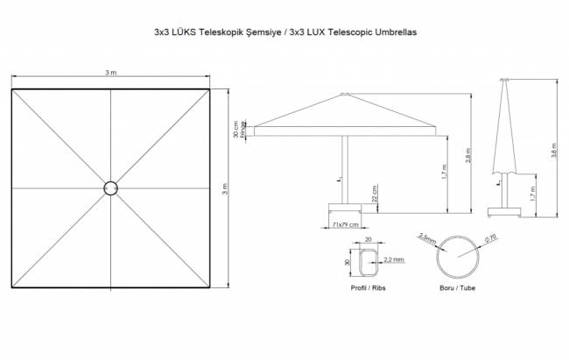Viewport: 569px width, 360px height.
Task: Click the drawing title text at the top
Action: (x=284, y=30)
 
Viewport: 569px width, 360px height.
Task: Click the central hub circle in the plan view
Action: (x=110, y=187)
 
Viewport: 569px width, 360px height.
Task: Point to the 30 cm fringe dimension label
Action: (x=236, y=131)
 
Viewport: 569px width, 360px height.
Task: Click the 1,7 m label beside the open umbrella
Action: (x=444, y=176)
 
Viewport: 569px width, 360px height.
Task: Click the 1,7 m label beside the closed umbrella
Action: (x=533, y=193)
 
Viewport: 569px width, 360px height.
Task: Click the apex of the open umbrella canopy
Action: (x=345, y=94)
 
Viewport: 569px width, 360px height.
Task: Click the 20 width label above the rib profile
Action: (x=369, y=238)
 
